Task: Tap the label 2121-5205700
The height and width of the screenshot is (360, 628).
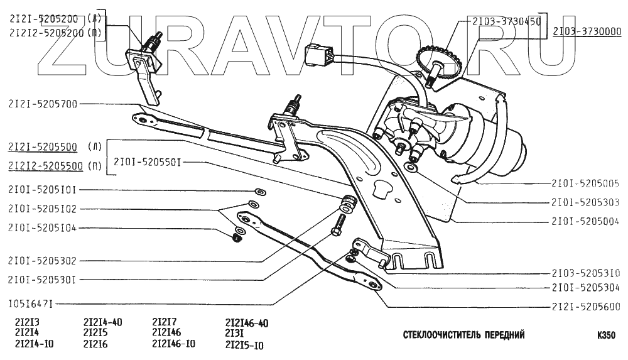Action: [x=43, y=104]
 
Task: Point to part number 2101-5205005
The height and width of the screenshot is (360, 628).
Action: [x=586, y=184]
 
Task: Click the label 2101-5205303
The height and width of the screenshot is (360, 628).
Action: [x=586, y=202]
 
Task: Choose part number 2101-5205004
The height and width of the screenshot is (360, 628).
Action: [x=586, y=221]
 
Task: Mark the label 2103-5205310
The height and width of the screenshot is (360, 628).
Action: [x=586, y=273]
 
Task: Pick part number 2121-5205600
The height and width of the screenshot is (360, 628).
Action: [x=586, y=307]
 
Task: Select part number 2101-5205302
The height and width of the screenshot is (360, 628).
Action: [x=43, y=260]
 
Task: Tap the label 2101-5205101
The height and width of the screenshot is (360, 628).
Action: [x=43, y=189]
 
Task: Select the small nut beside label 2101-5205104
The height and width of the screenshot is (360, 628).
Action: [x=237, y=237]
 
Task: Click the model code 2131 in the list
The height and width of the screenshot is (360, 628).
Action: [x=234, y=334]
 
